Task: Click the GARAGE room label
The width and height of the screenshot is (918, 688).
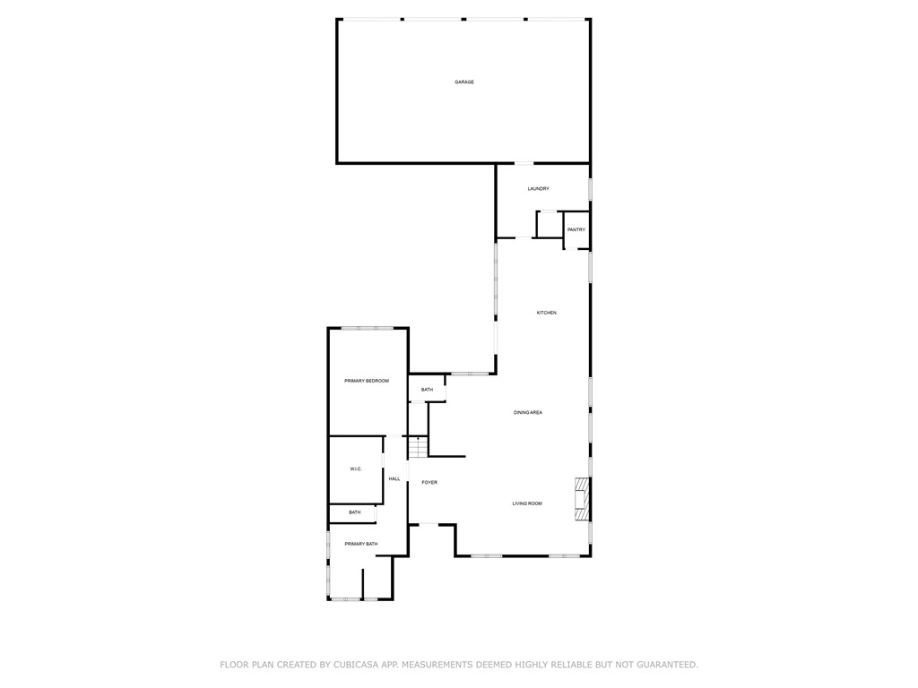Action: coord(464,82)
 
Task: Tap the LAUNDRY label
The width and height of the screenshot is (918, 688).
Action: coord(538,189)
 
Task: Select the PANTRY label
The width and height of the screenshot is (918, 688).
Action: coord(576,230)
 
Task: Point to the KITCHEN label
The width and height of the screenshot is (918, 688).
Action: coord(546,313)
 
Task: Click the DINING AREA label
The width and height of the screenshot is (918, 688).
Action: coord(527,412)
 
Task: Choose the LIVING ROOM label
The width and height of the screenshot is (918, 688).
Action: coord(527,503)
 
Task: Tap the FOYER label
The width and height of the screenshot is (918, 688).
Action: coord(429,483)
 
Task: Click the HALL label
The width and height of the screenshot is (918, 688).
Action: coord(394,479)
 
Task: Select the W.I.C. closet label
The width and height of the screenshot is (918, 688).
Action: coord(356,469)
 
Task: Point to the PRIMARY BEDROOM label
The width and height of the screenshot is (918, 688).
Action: coord(367,381)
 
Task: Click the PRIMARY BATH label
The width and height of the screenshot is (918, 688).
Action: coord(360,544)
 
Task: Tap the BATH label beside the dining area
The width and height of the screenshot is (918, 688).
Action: coord(427,390)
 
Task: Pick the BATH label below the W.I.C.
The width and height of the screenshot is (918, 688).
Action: coord(355,512)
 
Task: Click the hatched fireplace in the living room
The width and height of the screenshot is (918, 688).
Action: coord(581,499)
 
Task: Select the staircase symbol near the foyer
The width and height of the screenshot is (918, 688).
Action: coord(418,448)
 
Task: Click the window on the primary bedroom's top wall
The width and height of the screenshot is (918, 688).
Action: coord(367,328)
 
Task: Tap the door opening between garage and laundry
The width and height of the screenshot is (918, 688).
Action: coord(524,163)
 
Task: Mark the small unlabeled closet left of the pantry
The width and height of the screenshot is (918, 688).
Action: coord(550,225)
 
